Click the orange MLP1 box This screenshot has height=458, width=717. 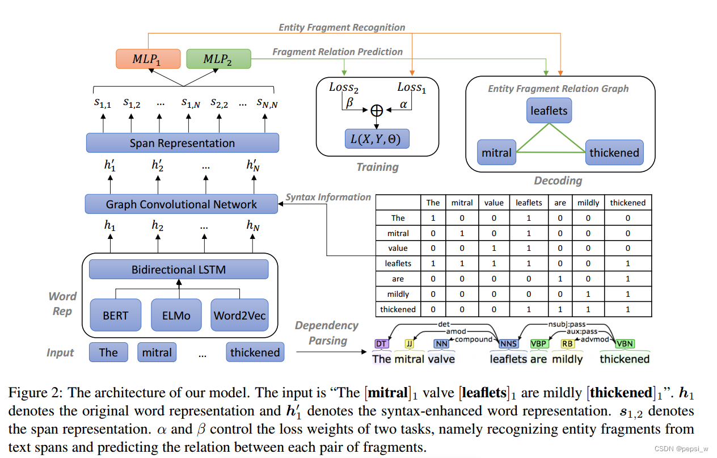coord(147,60)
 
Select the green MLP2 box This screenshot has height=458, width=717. coord(218,60)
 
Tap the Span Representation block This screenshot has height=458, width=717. coord(182,143)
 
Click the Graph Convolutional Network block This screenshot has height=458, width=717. coord(182,204)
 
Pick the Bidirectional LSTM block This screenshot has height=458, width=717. coord(179,270)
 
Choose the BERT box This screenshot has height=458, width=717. coord(116,315)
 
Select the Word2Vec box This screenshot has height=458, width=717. coord(239,315)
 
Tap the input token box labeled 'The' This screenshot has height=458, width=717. coord(108,352)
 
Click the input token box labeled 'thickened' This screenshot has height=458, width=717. coord(255,352)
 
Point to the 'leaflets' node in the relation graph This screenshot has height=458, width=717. coord(549,111)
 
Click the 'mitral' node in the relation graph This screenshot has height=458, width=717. coord(496,153)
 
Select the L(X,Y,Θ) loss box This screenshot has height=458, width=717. coord(377,139)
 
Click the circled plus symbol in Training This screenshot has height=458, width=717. coord(377,111)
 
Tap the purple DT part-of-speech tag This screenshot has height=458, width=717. coord(381,343)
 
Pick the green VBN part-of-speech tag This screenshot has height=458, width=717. coord(624,343)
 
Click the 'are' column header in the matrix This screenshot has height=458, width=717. coord(559,203)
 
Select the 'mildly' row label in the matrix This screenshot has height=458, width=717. coord(398,294)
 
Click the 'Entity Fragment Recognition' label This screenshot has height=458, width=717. coord(342,27)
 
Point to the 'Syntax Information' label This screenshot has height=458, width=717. coord(328,197)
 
